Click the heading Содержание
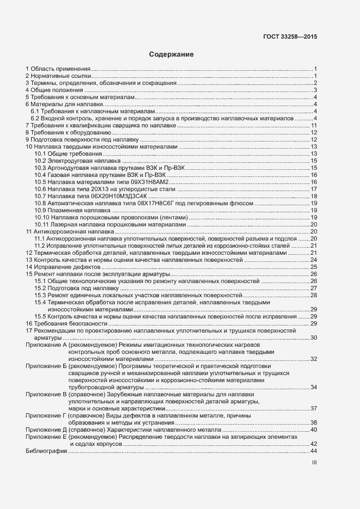(x=172, y=54)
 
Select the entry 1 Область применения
(x=58, y=69)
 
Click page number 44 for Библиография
(x=313, y=451)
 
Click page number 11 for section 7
(x=314, y=125)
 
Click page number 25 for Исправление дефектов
(x=314, y=267)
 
